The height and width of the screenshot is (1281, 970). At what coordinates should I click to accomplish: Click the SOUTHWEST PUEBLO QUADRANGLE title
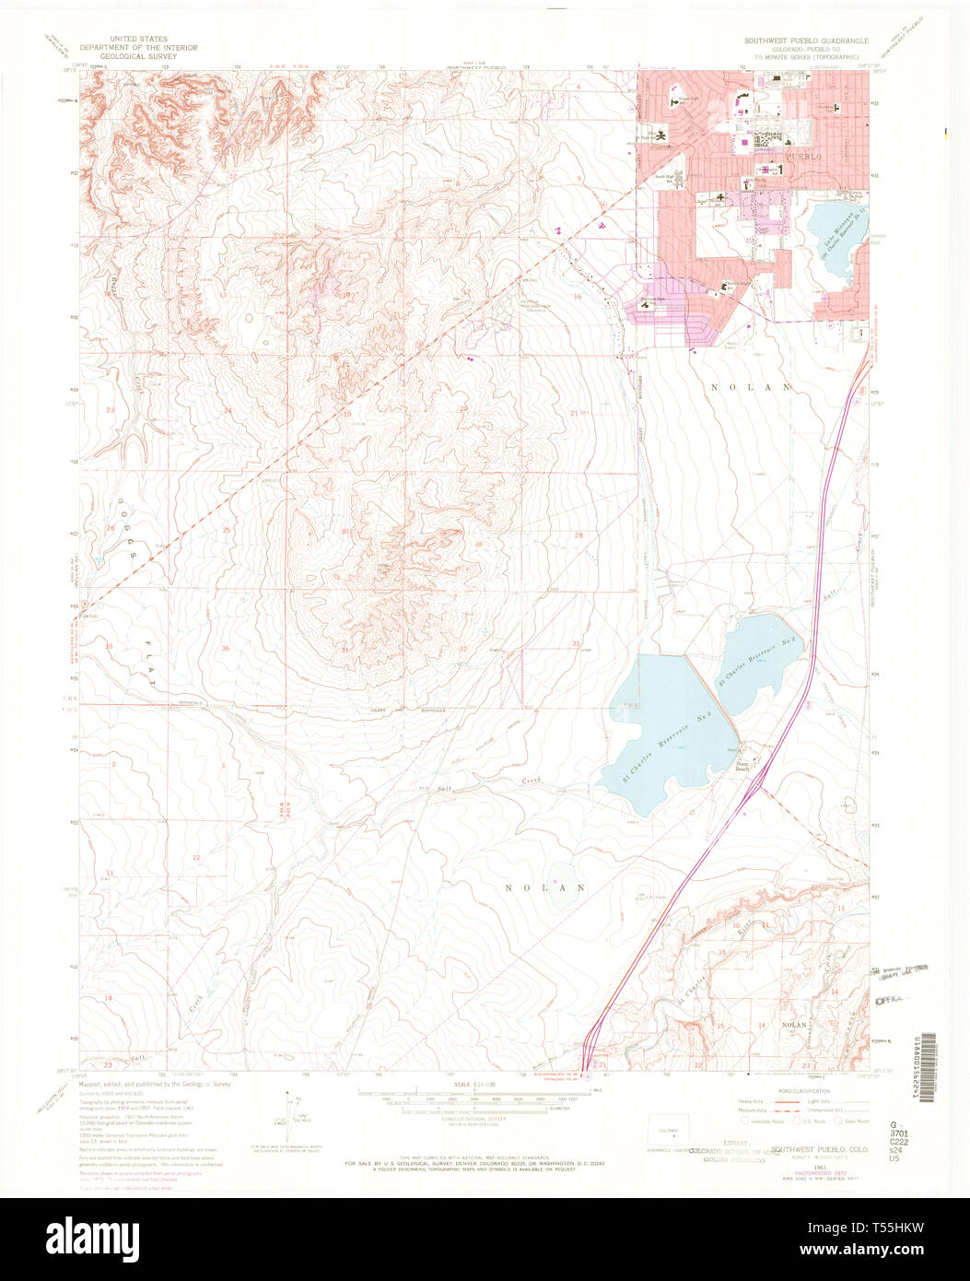coord(805,41)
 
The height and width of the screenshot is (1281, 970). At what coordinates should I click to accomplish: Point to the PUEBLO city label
coord(797,158)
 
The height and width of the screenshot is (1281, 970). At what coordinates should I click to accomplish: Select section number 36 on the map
coord(226,648)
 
